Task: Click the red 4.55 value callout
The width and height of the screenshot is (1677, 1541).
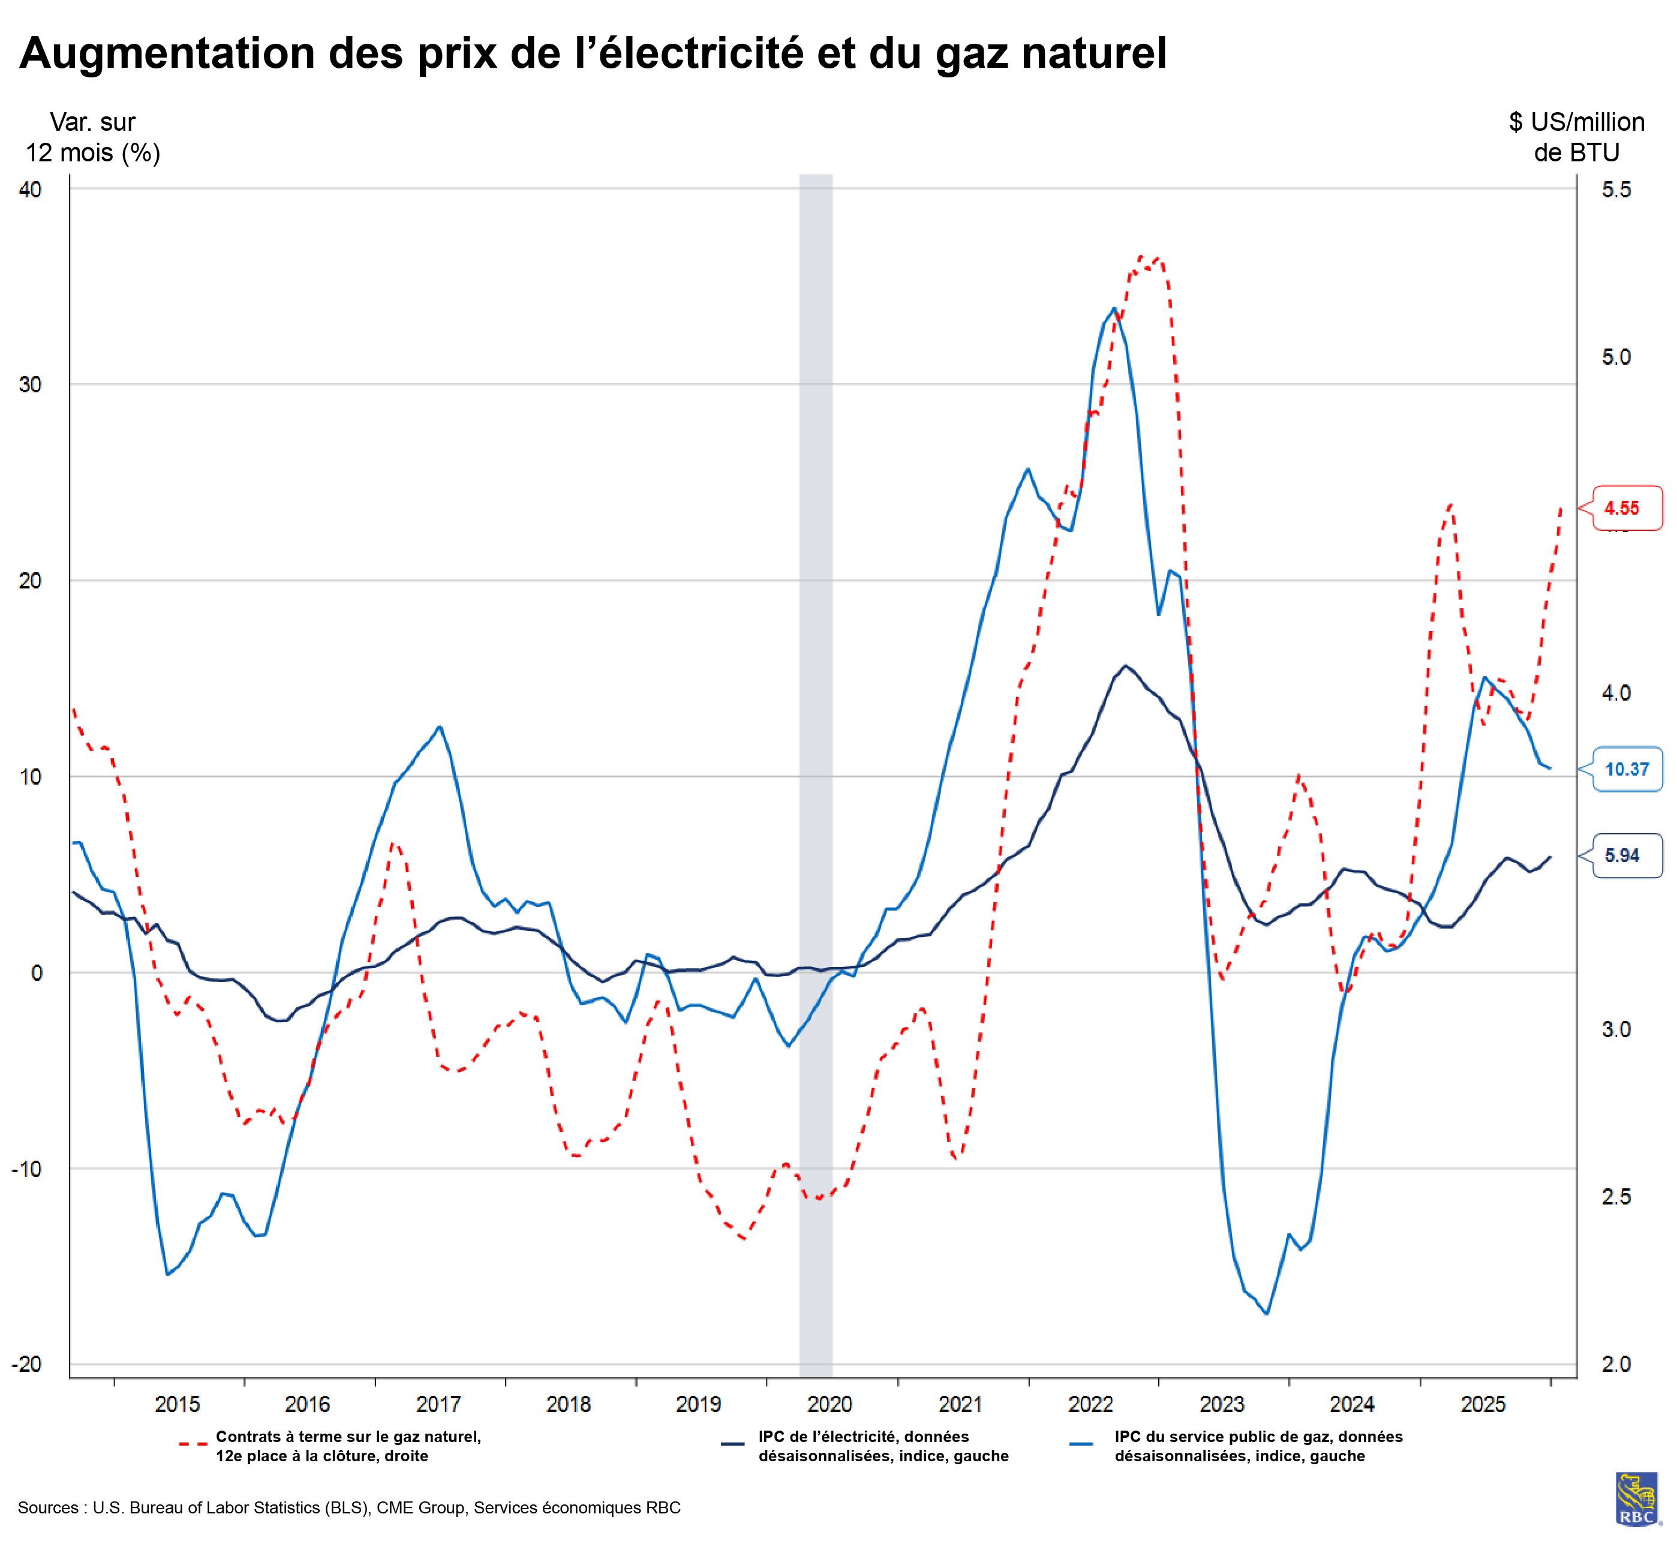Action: (x=1626, y=508)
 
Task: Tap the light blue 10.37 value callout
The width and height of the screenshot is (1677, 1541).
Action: (x=1626, y=769)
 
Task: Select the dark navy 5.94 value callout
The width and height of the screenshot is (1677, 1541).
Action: (x=1626, y=855)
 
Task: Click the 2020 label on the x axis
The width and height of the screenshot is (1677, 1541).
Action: (x=830, y=1405)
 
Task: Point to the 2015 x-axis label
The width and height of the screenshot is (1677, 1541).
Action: (x=178, y=1405)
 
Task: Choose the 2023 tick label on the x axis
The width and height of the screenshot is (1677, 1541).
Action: (x=1222, y=1405)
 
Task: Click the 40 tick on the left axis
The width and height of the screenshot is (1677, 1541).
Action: (x=30, y=190)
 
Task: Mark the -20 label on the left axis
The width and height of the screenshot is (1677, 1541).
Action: (x=26, y=1364)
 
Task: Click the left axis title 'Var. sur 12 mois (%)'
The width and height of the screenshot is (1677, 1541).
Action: (x=92, y=137)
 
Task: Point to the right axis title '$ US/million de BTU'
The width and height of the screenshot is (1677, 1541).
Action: (x=1576, y=137)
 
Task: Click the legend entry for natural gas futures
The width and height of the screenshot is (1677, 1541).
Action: (x=348, y=1447)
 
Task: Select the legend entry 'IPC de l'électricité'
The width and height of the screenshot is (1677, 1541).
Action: (x=882, y=1447)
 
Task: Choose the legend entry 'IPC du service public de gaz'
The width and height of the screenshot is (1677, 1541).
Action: (x=1258, y=1447)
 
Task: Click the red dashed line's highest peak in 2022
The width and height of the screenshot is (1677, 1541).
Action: (x=1155, y=259)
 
